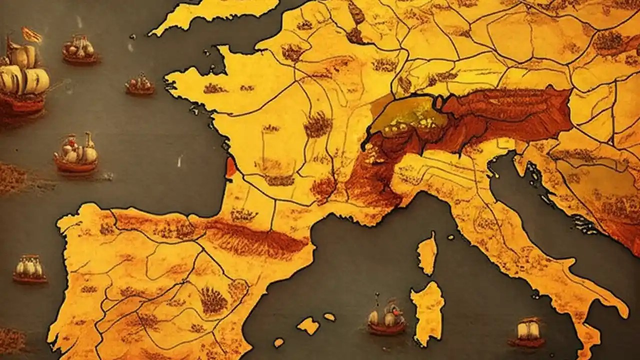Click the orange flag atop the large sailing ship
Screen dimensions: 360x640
31,35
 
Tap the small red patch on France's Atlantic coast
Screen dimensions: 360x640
230,167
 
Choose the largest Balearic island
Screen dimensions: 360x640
308,325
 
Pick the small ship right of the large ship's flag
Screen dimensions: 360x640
79,50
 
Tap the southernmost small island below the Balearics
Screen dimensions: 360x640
278,342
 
